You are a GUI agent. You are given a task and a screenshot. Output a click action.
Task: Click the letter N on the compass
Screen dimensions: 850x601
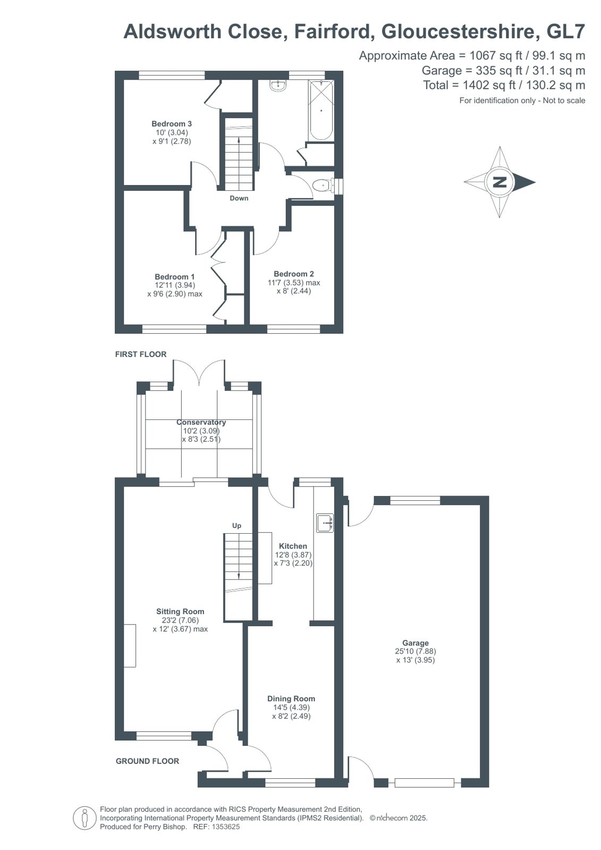(500, 182)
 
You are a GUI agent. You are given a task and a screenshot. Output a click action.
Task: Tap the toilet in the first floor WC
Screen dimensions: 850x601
(321, 186)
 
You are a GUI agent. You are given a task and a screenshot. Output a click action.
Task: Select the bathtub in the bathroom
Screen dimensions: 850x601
(320, 110)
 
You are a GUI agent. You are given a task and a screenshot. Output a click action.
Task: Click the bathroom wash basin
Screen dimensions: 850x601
(278, 86)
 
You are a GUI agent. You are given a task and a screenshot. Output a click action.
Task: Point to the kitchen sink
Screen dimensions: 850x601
(324, 523)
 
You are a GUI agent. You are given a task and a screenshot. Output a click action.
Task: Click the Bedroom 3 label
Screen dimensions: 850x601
(171, 124)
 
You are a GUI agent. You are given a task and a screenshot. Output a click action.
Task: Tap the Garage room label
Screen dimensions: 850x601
(415, 643)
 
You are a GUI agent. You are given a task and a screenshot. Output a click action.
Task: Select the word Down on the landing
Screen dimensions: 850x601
(239, 198)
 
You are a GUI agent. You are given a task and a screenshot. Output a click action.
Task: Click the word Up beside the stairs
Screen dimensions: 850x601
(236, 526)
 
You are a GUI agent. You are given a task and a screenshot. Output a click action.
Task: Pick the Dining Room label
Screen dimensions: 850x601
(291, 698)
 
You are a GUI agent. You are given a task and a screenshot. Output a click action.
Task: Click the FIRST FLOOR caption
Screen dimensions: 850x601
(141, 354)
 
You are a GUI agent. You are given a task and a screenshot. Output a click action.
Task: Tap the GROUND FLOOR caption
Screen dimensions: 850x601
(147, 761)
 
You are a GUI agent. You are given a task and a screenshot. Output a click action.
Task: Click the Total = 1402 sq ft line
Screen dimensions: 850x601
(504, 85)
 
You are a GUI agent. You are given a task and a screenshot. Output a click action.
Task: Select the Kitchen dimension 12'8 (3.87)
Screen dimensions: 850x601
(293, 554)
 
